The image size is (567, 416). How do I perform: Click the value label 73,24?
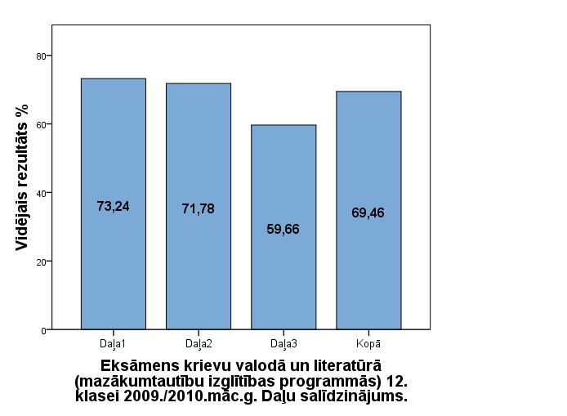point(113,207)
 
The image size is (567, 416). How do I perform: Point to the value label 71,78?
point(198,209)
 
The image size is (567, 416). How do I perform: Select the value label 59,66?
point(283,230)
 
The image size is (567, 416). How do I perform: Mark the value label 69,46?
point(368,213)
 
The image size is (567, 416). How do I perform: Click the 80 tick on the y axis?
point(39,56)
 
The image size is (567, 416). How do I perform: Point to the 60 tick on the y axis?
point(39,124)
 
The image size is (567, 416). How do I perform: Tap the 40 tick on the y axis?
point(39,193)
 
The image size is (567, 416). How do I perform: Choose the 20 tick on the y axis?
point(39,262)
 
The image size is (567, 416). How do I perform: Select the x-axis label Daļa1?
point(113,342)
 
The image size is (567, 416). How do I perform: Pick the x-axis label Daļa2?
point(198,342)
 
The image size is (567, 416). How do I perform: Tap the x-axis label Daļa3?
point(283,342)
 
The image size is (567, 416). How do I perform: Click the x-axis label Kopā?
point(368,342)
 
